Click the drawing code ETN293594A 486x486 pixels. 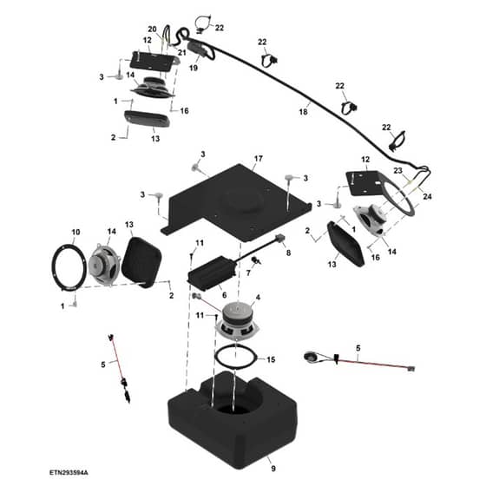click(69, 473)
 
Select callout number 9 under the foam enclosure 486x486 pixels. click(273, 469)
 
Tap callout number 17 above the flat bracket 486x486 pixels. click(259, 159)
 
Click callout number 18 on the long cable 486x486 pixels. click(303, 112)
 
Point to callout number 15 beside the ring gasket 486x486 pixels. click(271, 359)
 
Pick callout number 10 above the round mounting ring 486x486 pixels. click(76, 233)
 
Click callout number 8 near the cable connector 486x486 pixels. click(288, 253)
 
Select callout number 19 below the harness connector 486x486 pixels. click(194, 68)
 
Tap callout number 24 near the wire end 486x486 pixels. click(427, 196)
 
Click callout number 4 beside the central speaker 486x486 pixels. click(258, 298)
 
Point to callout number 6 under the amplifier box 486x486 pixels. click(224, 295)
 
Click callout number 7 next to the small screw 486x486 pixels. click(248, 273)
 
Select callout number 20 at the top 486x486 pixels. click(152, 30)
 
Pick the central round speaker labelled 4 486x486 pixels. click(237, 322)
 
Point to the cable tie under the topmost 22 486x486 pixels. click(202, 23)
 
